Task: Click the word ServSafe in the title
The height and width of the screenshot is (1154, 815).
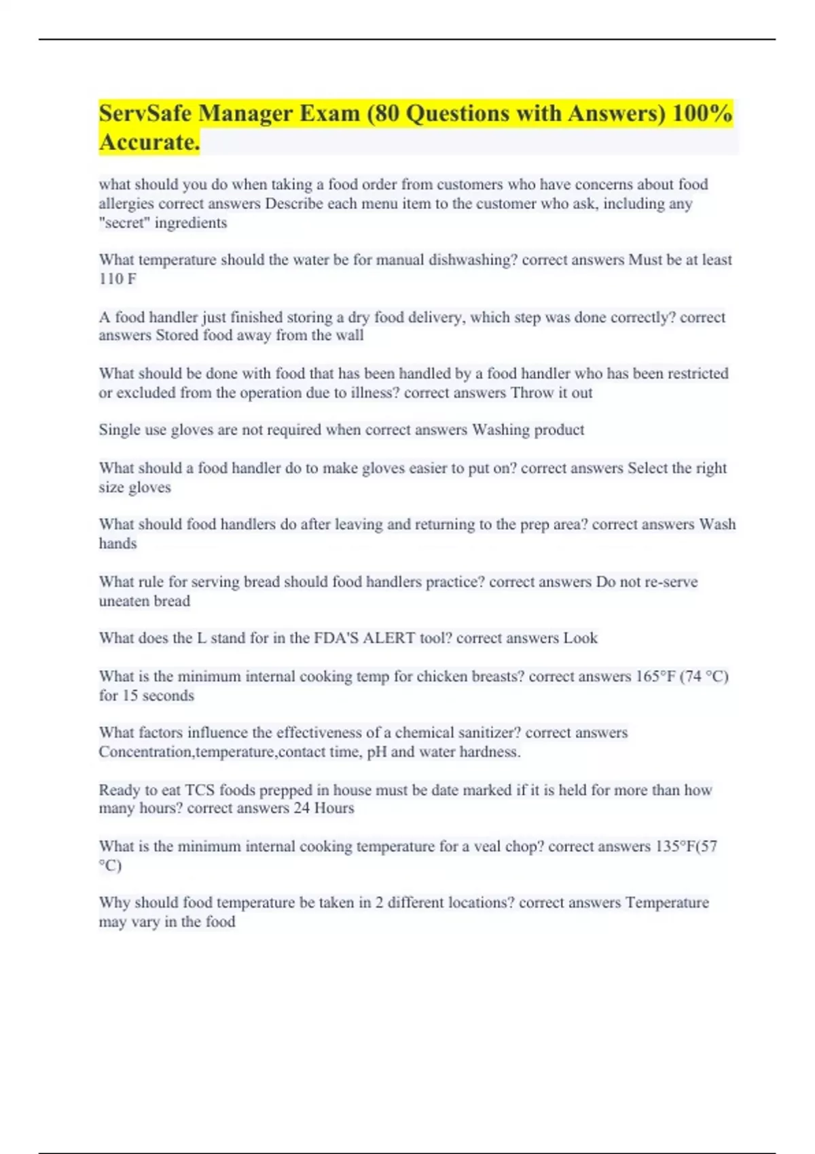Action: pyautogui.click(x=145, y=113)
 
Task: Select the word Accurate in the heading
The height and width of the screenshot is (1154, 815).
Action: pyautogui.click(x=149, y=143)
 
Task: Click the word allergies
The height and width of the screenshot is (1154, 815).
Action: pyautogui.click(x=126, y=204)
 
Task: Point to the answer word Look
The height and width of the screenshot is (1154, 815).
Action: pyautogui.click(x=580, y=638)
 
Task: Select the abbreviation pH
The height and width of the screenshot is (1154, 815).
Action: pyautogui.click(x=377, y=752)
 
